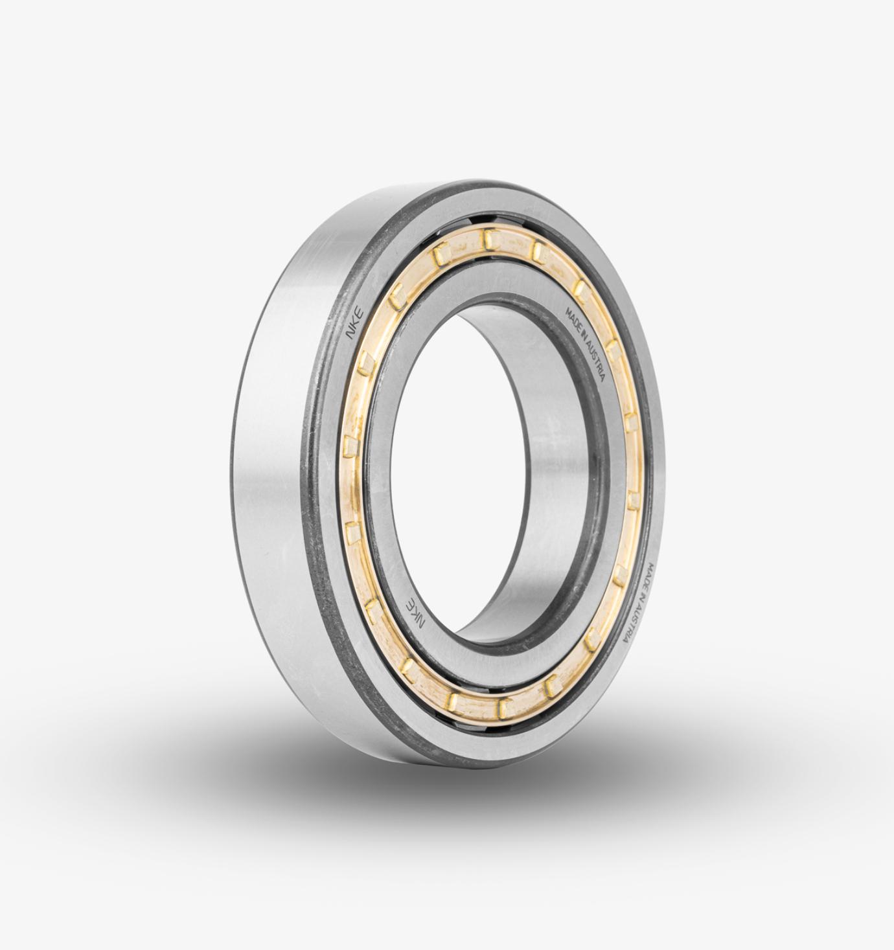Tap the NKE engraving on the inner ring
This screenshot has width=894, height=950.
click(x=415, y=612)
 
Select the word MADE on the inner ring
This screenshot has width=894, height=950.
click(x=573, y=319)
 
